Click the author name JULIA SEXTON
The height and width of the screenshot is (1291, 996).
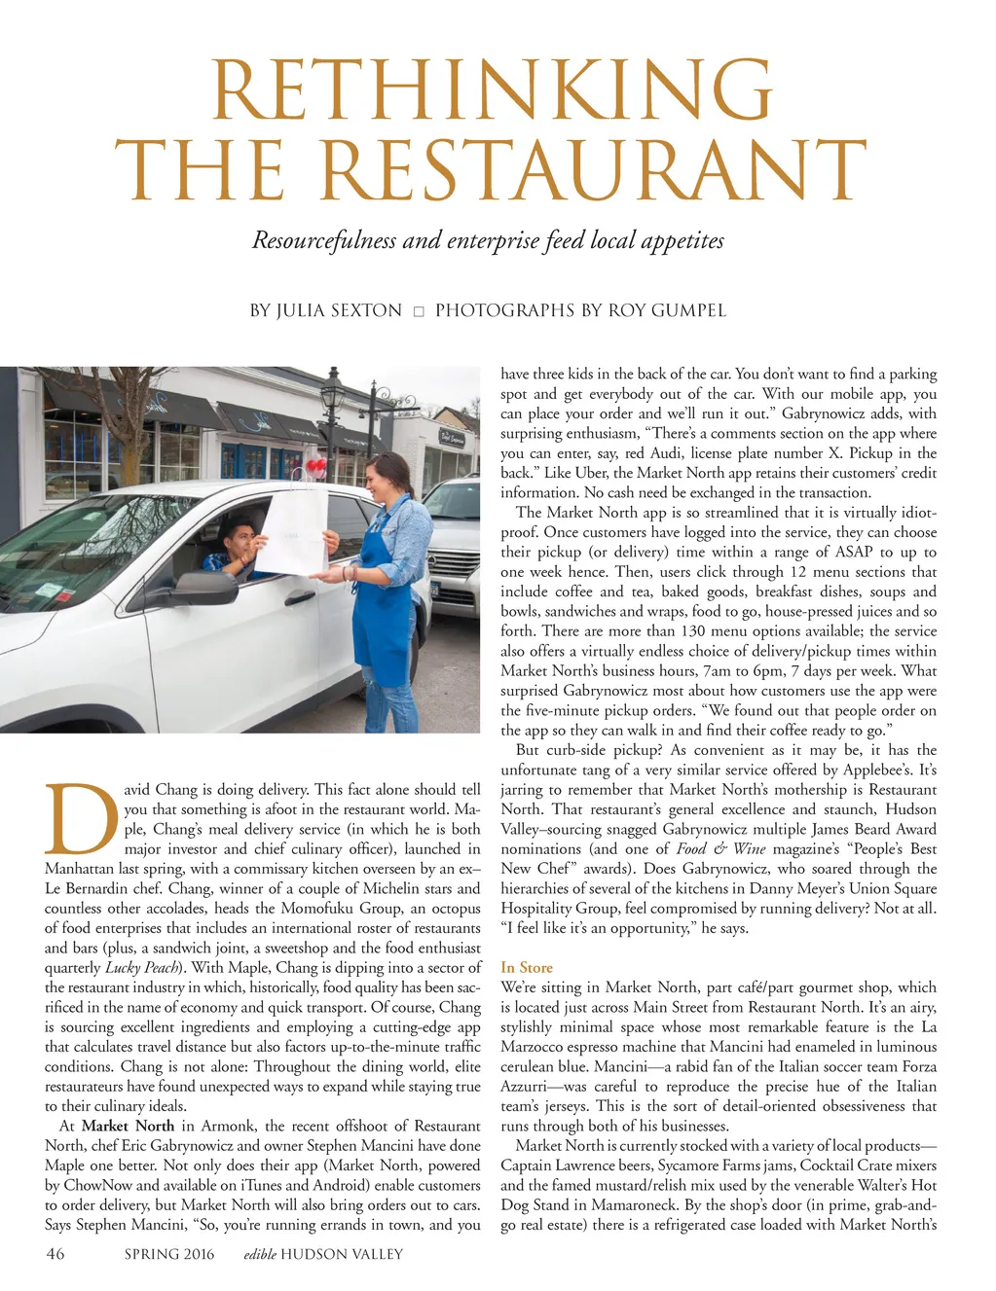pos(339,310)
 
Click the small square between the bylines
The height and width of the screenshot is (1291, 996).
pos(419,311)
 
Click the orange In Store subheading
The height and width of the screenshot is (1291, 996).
pos(527,967)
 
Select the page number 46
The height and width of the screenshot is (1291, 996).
pos(55,1254)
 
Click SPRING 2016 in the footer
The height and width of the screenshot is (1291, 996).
pos(169,1254)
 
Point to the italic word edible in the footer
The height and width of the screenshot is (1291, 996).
pos(260,1254)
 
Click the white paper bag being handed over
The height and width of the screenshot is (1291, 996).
pos(290,530)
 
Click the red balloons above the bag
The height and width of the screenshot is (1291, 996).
pos(314,468)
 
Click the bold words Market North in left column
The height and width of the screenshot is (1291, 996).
pos(128,1126)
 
